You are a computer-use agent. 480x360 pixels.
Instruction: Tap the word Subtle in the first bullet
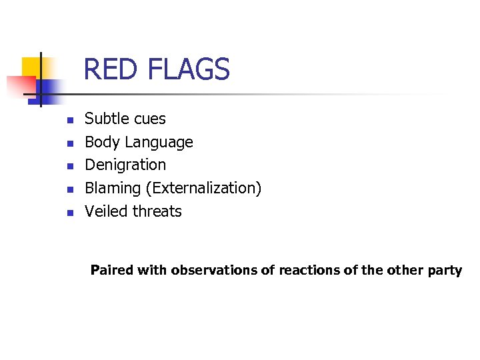(107, 119)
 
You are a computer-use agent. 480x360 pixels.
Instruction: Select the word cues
(149, 119)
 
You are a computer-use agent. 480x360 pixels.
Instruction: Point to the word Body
(102, 142)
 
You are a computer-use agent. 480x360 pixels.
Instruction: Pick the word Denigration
(125, 165)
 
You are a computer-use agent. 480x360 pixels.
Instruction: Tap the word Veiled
(106, 211)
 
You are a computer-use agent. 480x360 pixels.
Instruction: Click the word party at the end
(446, 271)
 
